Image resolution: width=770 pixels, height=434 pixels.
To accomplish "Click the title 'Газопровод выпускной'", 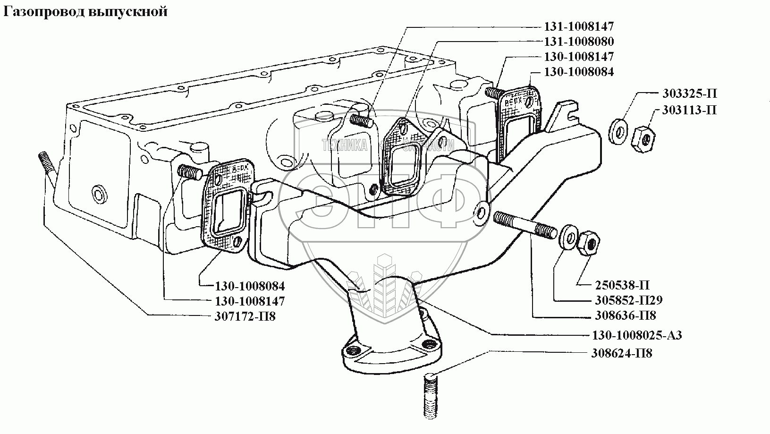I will click(x=85, y=12).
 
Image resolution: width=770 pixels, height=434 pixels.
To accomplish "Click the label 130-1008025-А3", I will click(x=637, y=336).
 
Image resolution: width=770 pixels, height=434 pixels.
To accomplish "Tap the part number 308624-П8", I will click(x=622, y=353).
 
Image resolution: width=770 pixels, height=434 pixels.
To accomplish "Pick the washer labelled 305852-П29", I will click(x=567, y=237).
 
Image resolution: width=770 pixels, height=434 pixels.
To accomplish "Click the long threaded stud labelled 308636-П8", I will click(x=524, y=226).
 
